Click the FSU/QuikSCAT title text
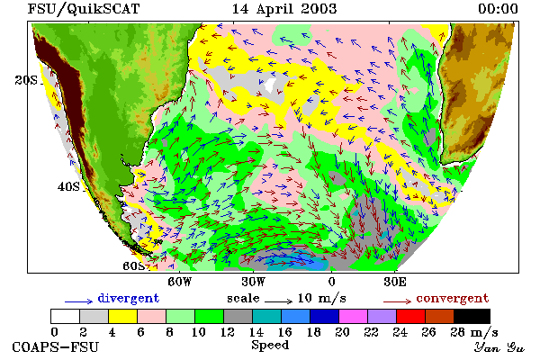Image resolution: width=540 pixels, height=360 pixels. click(x=84, y=9)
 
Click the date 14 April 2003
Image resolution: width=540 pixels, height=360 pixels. click(x=284, y=9)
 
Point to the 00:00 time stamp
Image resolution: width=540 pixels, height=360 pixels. click(x=498, y=9)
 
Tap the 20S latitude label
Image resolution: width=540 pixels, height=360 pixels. click(x=26, y=80)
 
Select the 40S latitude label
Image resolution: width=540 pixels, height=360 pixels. click(x=68, y=187)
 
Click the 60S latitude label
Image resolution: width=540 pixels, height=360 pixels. click(x=134, y=266)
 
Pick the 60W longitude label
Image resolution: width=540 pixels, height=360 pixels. click(x=179, y=282)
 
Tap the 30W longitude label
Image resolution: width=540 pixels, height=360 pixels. click(x=253, y=282)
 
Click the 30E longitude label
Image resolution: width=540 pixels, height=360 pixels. click(x=395, y=282)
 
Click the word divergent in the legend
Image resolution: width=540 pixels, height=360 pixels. click(x=129, y=298)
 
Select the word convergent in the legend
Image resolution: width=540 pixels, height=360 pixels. click(x=453, y=298)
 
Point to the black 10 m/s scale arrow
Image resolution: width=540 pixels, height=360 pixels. click(x=278, y=301)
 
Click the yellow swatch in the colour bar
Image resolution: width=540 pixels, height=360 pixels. click(x=122, y=316)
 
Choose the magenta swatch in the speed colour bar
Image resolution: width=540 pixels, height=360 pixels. click(x=353, y=316)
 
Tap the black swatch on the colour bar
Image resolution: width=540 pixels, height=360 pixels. click(x=472, y=316)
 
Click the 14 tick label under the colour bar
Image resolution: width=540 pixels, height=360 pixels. click(x=256, y=332)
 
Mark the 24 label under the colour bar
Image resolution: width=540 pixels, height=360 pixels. click(x=400, y=332)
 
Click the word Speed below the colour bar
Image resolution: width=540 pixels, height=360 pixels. click(x=270, y=346)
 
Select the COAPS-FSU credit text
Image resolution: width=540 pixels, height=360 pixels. click(x=56, y=346)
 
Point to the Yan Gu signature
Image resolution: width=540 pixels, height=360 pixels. click(x=499, y=347)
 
